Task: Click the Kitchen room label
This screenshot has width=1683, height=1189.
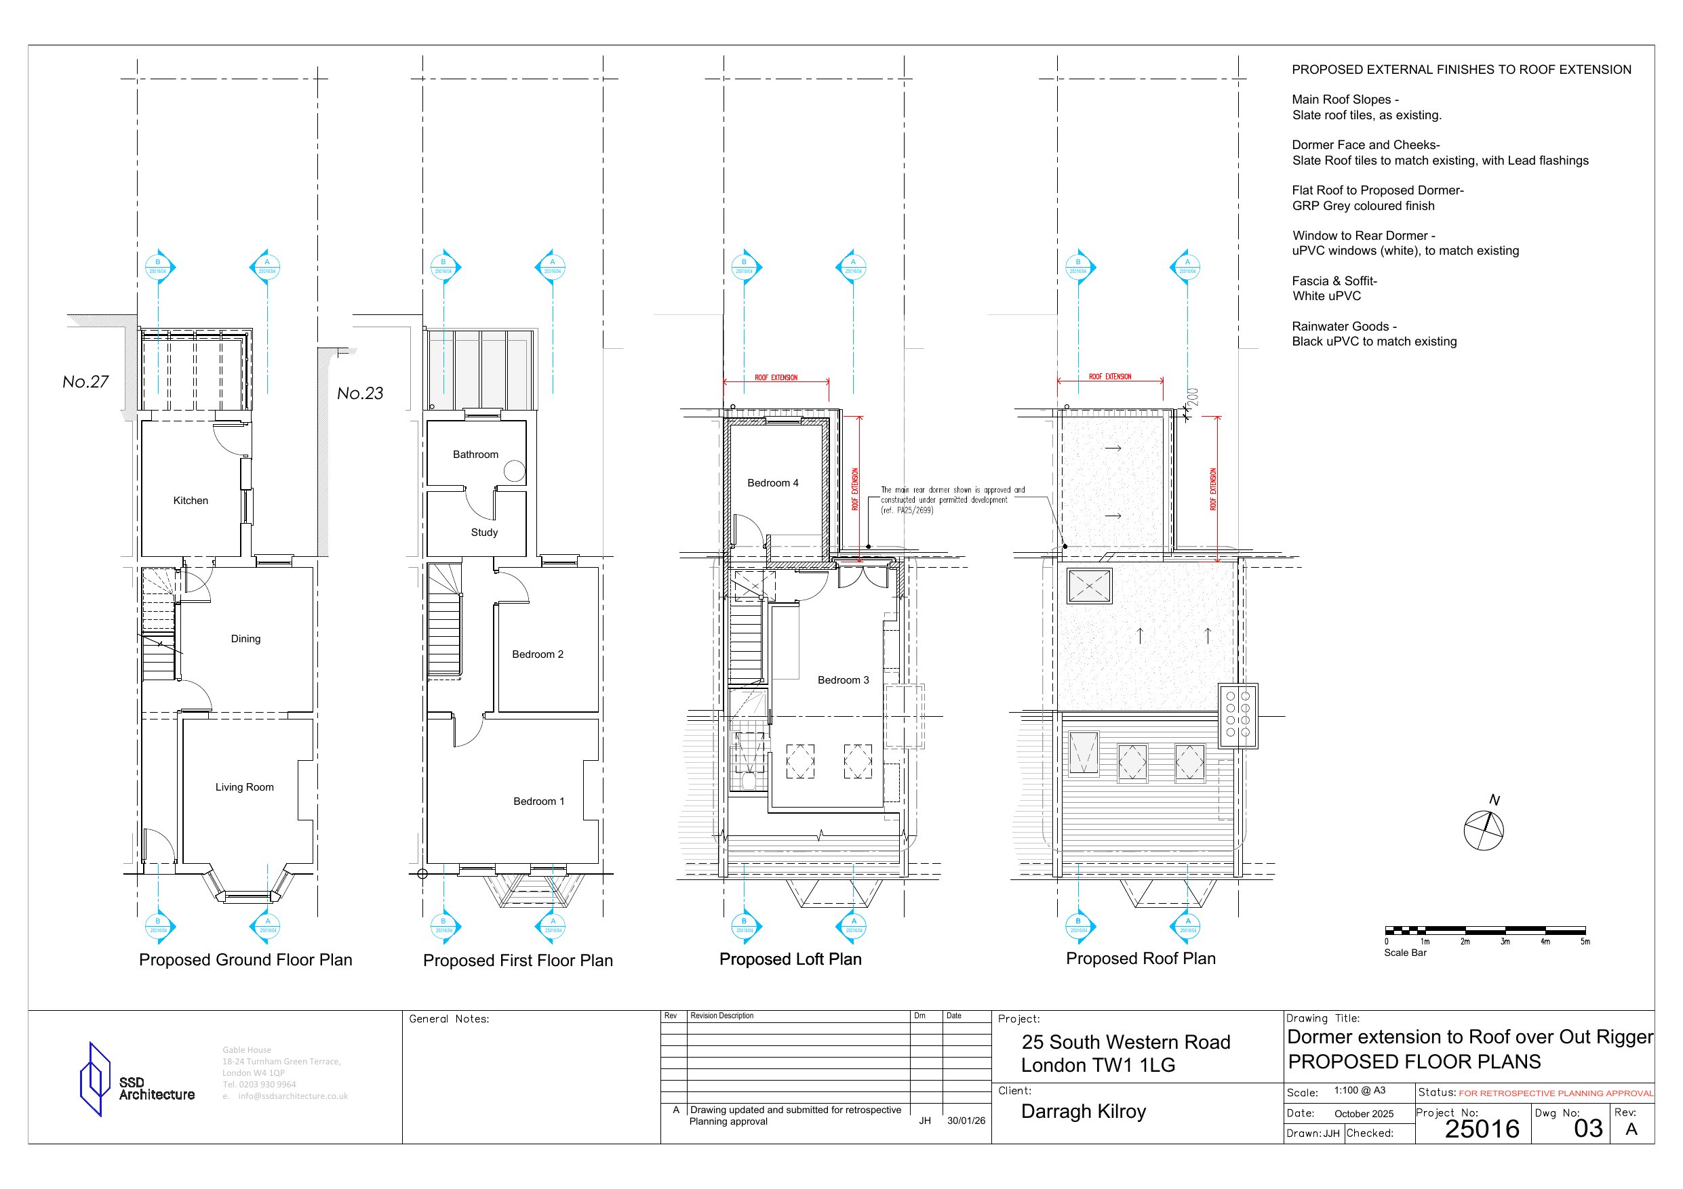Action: tap(191, 501)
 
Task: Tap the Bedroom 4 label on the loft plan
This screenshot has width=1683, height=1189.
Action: tap(772, 483)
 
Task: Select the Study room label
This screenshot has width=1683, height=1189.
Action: tap(483, 533)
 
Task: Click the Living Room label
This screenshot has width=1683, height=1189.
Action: tap(244, 787)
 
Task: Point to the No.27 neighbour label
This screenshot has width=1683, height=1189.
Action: tap(85, 381)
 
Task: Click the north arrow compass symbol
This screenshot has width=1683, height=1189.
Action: tap(1483, 830)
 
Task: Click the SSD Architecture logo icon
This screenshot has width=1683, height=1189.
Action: tap(94, 1079)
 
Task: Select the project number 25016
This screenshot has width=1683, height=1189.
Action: tap(1482, 1129)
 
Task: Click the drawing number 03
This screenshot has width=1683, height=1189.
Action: tap(1587, 1129)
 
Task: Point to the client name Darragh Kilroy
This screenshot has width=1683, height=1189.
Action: tap(1083, 1111)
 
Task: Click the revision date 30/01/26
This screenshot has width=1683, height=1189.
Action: tap(966, 1121)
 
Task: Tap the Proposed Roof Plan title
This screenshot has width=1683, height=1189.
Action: tap(1140, 958)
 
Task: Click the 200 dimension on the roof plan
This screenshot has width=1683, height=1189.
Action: tap(1192, 397)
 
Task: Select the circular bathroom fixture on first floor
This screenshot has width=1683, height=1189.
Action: tap(515, 471)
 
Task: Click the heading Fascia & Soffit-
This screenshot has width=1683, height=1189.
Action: tap(1334, 280)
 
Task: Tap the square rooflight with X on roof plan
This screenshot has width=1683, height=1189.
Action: tap(1089, 586)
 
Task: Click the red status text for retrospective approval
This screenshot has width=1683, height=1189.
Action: tap(1556, 1093)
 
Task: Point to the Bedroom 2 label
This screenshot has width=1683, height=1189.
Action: tap(537, 654)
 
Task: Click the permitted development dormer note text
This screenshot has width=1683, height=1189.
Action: tap(952, 499)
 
